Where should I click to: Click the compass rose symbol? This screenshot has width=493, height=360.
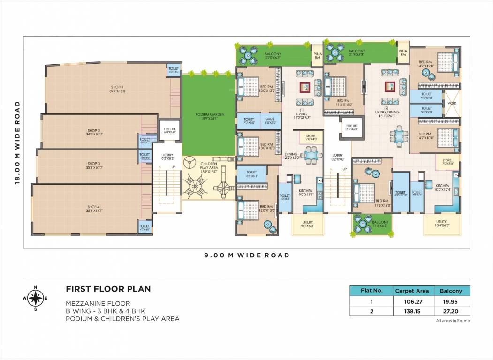[x=36, y=298]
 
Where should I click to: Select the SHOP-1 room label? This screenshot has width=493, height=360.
[x=117, y=89]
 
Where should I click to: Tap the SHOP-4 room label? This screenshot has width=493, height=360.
[x=93, y=209]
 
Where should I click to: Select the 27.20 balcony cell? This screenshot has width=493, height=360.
[x=451, y=311]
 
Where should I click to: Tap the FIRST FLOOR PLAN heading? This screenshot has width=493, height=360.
[x=108, y=289]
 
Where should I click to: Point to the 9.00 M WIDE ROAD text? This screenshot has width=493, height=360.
[x=246, y=255]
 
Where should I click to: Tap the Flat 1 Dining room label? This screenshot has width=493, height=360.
[x=291, y=156]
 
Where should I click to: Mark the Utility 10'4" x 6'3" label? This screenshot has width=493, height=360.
[x=441, y=224]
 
